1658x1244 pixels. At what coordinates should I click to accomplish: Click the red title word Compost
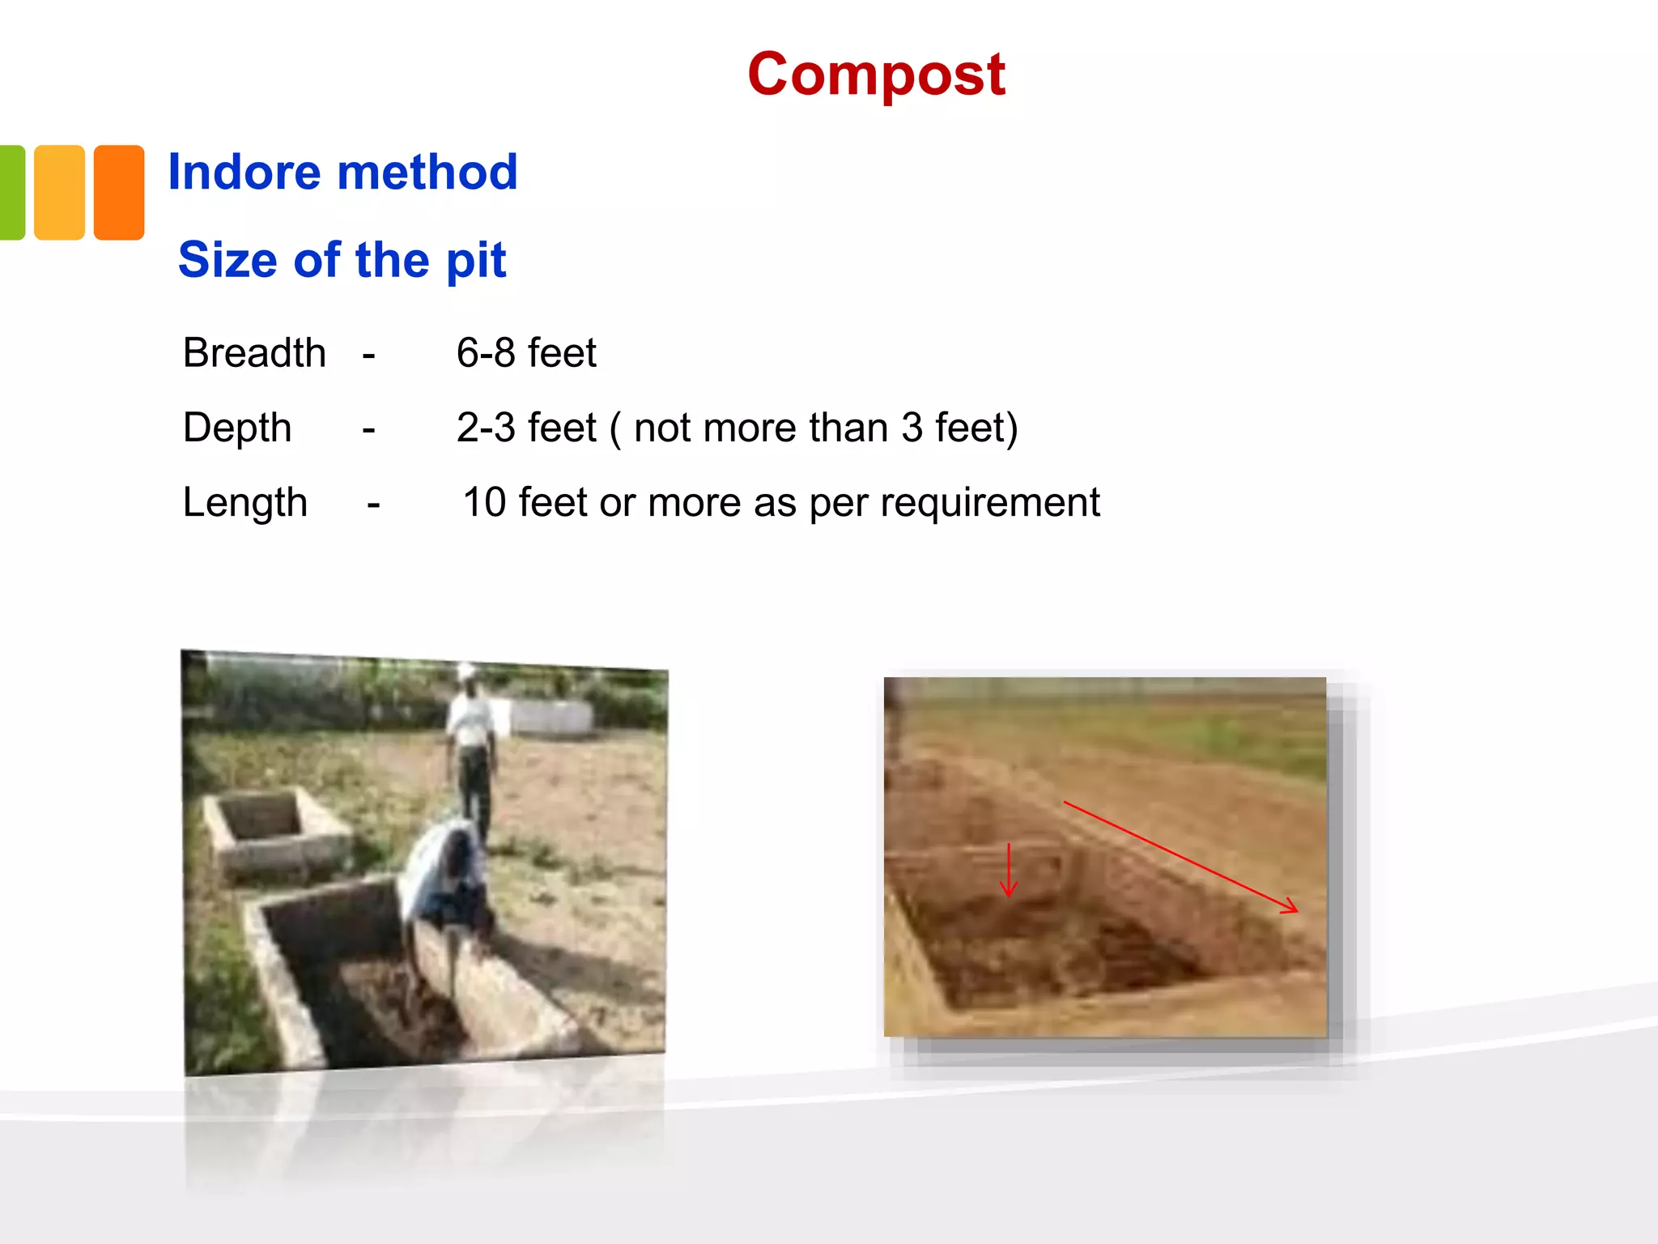(876, 75)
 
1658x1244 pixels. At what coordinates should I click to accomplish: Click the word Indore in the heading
(244, 173)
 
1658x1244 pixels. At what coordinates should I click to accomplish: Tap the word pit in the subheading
(476, 261)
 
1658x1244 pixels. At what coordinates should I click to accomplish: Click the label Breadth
(254, 353)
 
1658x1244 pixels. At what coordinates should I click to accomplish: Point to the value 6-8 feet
(526, 353)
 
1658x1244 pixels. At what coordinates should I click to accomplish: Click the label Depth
(237, 428)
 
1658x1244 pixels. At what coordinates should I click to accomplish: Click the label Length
(244, 502)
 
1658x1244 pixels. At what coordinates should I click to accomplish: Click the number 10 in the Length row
(484, 502)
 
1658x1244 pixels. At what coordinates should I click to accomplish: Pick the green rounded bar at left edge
(11, 193)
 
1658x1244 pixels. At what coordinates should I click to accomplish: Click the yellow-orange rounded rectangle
(59, 193)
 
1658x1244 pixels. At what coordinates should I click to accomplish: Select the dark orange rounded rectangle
(119, 193)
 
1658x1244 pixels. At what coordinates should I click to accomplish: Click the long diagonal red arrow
(1180, 857)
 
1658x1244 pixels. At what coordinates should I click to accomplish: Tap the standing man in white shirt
(471, 745)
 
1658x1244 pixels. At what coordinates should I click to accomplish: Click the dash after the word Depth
(369, 428)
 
